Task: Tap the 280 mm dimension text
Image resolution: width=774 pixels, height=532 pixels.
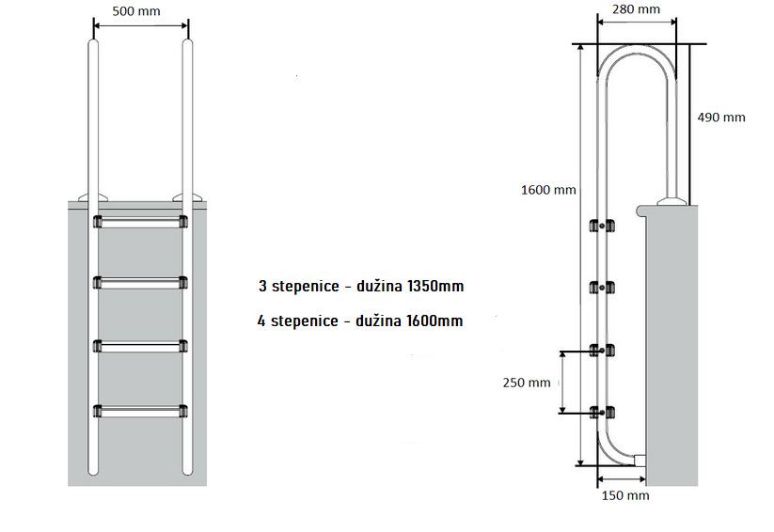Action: coord(635,9)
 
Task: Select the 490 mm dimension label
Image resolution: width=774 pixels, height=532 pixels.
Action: coord(720,117)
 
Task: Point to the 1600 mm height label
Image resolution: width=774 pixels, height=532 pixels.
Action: coord(548,190)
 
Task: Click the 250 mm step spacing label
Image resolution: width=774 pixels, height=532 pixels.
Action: coord(527,383)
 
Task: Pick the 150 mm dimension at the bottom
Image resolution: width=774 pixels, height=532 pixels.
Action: coord(624,494)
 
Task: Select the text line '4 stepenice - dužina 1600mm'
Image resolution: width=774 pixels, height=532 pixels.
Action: coord(360,321)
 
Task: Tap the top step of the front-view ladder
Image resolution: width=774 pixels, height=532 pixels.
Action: coord(140,222)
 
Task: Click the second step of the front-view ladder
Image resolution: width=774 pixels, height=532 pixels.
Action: coord(140,282)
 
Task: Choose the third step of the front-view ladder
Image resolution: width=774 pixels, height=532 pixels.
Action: coord(140,346)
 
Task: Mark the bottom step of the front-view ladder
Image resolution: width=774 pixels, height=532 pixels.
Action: coord(140,411)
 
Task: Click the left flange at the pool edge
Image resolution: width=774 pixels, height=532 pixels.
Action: coord(94,197)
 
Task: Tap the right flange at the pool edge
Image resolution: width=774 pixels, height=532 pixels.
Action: coord(186,197)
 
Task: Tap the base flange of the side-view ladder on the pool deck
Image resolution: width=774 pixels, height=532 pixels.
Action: coord(672,200)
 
